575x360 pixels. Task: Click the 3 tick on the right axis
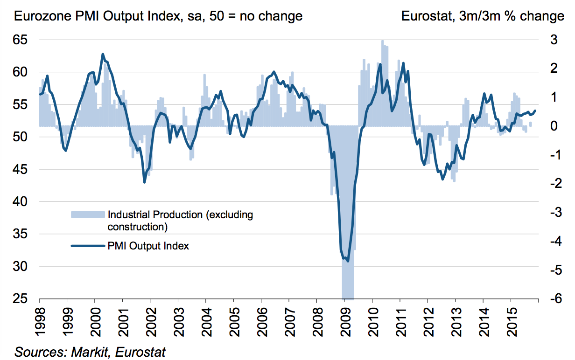[553, 41]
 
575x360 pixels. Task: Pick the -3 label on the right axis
[550, 213]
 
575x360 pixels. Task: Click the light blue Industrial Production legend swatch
[87, 215]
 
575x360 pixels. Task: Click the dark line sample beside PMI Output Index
[87, 246]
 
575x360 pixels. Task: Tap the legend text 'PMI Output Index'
[148, 246]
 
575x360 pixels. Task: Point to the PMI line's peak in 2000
[103, 54]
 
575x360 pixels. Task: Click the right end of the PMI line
[535, 111]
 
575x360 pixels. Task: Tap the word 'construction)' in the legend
[137, 227]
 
